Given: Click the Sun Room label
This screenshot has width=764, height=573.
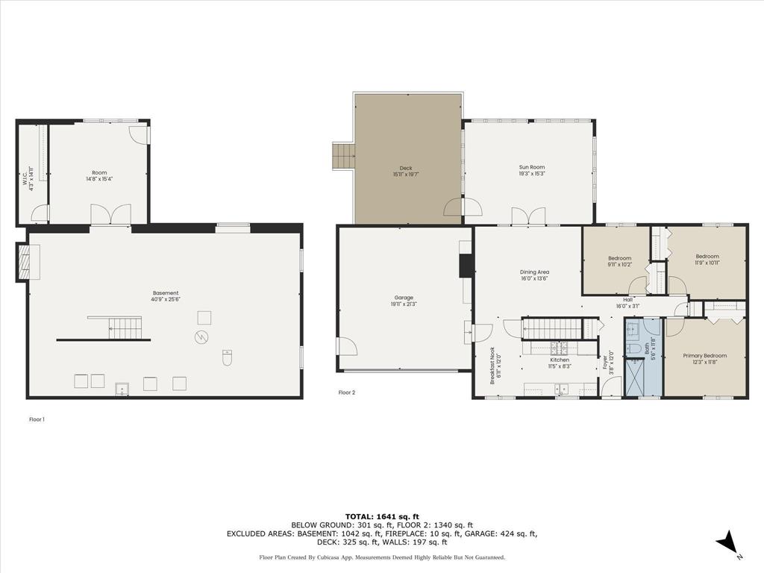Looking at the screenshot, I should pos(532,170).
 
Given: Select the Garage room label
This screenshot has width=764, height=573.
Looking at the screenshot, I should pos(403,301).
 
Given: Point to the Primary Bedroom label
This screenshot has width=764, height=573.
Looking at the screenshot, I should pos(704,359).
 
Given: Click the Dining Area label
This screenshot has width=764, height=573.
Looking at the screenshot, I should pos(534,275).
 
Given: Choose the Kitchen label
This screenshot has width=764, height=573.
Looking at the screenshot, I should pos(560,363).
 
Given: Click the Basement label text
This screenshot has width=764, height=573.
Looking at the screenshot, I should pos(166,295).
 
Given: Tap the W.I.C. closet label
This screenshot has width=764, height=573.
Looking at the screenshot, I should pos(28,179).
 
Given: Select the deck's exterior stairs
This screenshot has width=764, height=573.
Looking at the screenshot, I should pos(343,156).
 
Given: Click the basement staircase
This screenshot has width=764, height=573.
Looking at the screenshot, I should pos(124,328).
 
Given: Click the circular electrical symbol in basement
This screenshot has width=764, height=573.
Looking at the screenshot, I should pos(202,336).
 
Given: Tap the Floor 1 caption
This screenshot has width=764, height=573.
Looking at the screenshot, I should pos(37,419).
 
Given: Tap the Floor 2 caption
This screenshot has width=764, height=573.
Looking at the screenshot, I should pos(346,392).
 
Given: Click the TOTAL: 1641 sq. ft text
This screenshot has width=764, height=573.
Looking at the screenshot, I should pos(382,516).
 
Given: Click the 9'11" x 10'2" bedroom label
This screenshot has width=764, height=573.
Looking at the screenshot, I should pos(619,261).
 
